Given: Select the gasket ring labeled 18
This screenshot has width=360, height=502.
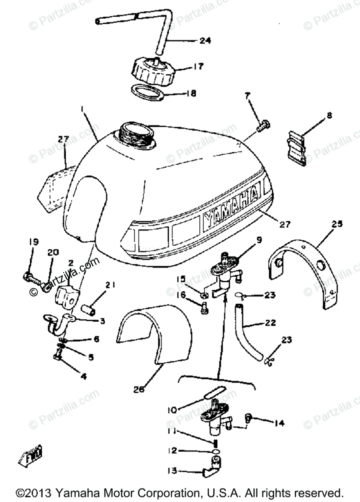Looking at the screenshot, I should click(147, 92).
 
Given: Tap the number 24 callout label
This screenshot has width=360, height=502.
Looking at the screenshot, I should click(205, 41).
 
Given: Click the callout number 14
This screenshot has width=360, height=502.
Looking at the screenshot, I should click(279, 423).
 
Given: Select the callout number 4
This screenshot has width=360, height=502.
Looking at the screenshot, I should click(83, 376).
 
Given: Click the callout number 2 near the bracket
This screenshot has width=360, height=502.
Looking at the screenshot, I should click(71, 263).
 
